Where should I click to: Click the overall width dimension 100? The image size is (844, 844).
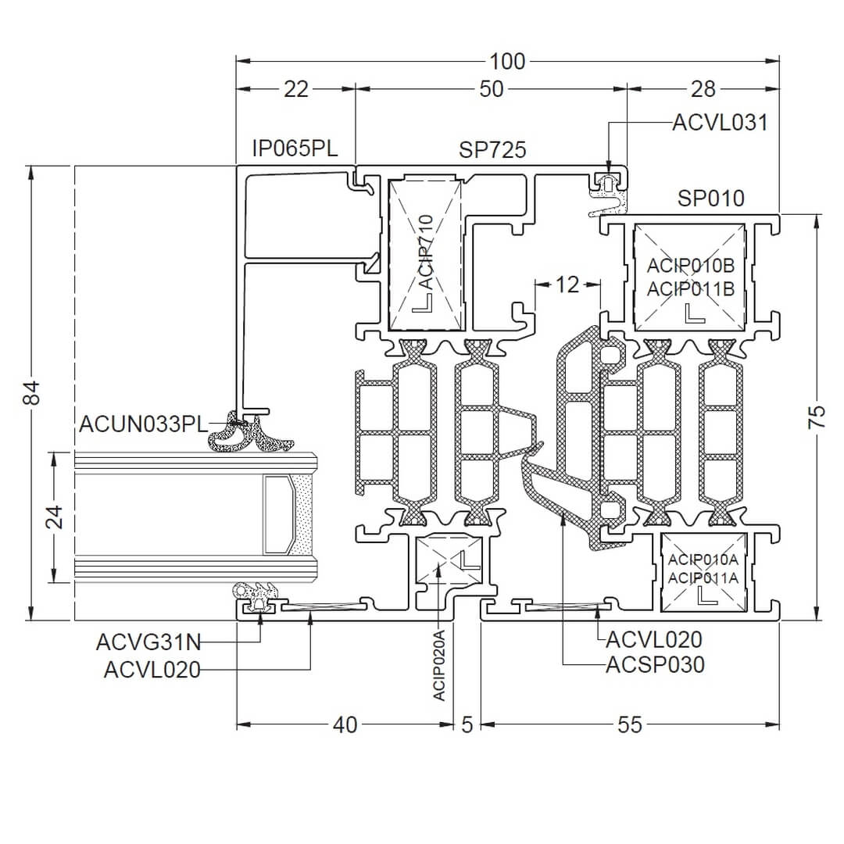tap(507, 60)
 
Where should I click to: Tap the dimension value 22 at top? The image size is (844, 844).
tap(296, 89)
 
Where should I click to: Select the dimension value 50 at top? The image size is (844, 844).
tap(492, 89)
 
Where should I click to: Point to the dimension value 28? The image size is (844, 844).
tap(703, 89)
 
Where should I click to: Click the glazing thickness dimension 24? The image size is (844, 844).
tap(54, 517)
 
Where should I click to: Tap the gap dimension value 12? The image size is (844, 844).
tap(567, 284)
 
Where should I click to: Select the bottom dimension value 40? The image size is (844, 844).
tap(345, 725)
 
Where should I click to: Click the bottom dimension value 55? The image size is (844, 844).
tap(630, 725)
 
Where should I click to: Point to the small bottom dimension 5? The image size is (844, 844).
tap(467, 725)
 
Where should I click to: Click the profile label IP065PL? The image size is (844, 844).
tap(295, 148)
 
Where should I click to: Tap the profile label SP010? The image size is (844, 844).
tap(711, 198)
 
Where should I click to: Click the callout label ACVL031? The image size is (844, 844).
tap(720, 123)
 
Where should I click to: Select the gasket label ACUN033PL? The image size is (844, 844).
tap(143, 424)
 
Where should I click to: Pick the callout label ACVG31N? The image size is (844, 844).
tap(148, 643)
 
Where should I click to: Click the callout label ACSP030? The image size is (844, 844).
tap(655, 664)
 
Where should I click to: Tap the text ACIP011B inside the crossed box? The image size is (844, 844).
tap(691, 288)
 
